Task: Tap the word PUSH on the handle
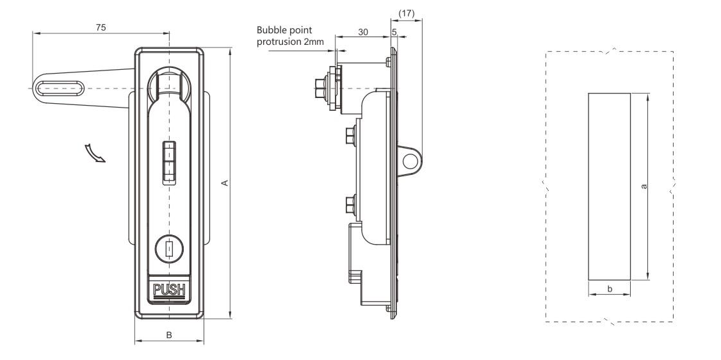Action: pos(169,291)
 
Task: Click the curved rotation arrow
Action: pos(95,154)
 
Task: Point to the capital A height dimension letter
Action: pos(223,184)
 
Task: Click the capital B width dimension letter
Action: pos(169,334)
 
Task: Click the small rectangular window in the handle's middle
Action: pos(169,162)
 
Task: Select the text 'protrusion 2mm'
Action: pos(289,42)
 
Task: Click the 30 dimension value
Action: pos(362,32)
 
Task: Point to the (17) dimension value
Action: pos(406,13)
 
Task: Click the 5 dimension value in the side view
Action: pos(393,32)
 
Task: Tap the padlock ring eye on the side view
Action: pos(409,160)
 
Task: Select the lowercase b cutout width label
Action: pos(609,290)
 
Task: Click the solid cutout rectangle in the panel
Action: pos(609,186)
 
